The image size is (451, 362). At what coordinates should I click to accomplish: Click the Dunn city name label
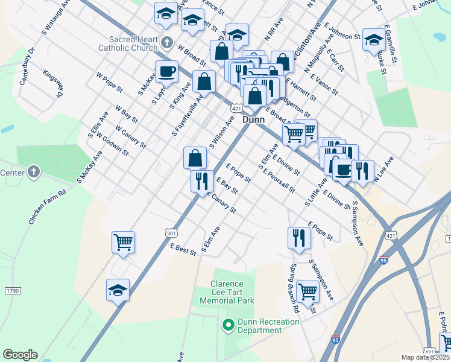253,120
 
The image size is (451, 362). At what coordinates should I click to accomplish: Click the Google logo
20,355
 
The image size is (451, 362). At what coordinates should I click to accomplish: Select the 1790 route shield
13,291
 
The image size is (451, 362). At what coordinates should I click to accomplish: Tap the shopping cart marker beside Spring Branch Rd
307,291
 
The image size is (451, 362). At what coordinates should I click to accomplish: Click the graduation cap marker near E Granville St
374,40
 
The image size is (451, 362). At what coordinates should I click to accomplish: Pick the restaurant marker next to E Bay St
201,180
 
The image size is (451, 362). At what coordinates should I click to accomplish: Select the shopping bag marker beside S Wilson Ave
195,158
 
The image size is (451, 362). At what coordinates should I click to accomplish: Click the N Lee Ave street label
383,170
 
